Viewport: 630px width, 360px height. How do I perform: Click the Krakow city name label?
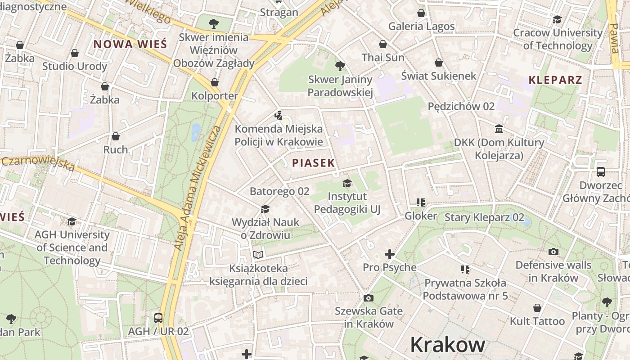448,345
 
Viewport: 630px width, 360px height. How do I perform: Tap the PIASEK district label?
314,163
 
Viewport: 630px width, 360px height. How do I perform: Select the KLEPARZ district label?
555,81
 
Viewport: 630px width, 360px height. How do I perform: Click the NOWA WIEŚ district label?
130,45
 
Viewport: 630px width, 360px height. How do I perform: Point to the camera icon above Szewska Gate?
368,298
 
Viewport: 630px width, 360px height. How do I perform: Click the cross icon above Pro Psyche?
390,254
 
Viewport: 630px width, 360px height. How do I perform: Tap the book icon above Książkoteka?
258,255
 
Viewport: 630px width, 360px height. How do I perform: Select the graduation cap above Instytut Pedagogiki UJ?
347,183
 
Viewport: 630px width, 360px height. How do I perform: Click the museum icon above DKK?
499,129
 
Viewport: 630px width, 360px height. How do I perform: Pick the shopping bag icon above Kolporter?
215,82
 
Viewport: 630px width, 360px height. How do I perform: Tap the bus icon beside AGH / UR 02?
158,318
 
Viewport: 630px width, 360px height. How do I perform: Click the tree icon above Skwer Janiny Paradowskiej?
340,66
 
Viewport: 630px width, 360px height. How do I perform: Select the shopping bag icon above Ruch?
116,136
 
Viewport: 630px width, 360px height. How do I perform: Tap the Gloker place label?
421,216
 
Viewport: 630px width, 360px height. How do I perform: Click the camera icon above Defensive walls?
553,252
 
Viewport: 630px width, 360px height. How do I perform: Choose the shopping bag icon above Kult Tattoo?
537,308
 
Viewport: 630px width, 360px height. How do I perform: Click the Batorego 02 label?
279,191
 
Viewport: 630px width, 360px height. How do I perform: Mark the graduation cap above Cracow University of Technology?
558,19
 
